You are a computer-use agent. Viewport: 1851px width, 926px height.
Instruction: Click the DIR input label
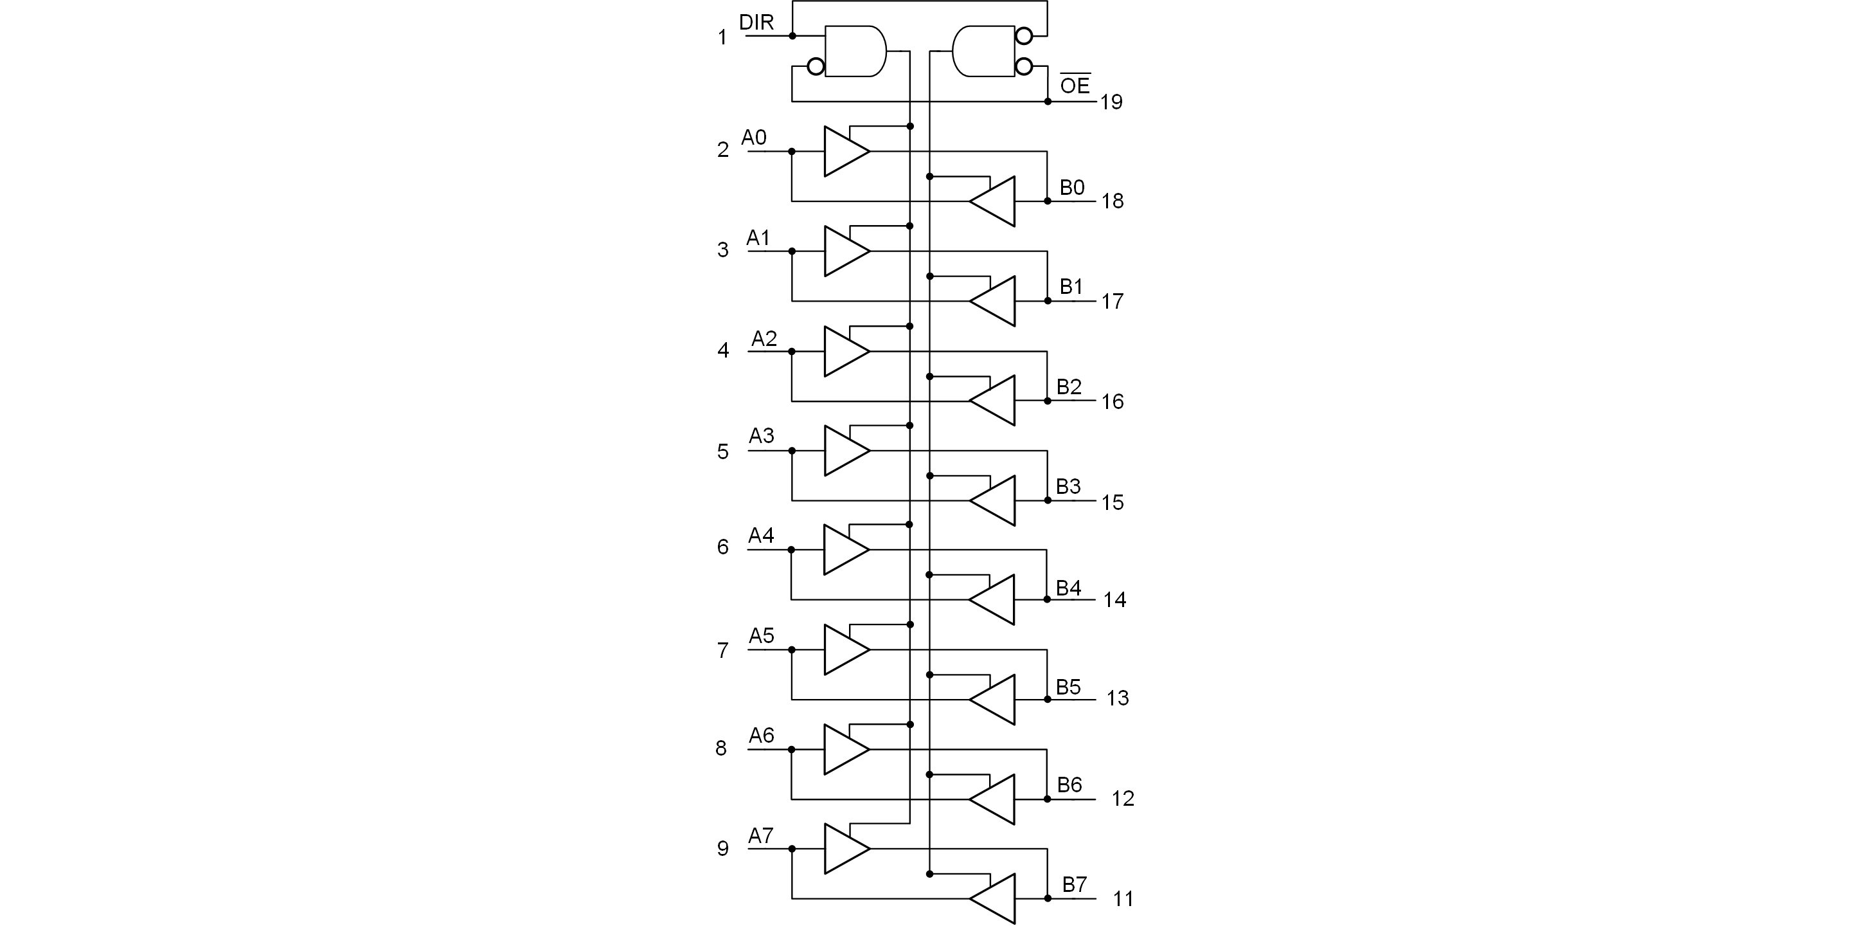[x=756, y=23]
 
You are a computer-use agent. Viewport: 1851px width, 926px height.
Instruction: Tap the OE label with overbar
[x=1075, y=86]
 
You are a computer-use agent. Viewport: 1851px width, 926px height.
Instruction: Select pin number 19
[x=1111, y=102]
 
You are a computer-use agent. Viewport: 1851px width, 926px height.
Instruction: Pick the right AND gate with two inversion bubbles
[x=983, y=51]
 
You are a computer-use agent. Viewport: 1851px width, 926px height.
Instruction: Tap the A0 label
[x=754, y=138]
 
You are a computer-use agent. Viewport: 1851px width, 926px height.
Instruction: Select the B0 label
[x=1072, y=188]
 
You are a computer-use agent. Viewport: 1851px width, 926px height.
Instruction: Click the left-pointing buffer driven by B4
[x=994, y=599]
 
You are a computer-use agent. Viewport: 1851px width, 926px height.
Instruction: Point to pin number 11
[x=1123, y=899]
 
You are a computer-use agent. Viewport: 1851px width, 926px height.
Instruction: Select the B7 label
[x=1074, y=884]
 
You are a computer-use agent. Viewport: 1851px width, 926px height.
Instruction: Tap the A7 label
[x=761, y=835]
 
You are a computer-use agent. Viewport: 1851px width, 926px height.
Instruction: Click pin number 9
[x=723, y=848]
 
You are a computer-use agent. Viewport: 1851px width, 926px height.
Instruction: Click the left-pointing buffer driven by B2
[x=994, y=401]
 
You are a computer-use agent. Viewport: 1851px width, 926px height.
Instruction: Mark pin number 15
[x=1113, y=502]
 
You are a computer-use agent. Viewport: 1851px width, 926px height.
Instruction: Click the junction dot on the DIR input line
[x=792, y=35]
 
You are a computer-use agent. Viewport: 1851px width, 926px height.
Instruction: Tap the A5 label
[x=762, y=635]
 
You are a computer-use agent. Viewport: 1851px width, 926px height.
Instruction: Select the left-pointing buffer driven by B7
[x=994, y=899]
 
